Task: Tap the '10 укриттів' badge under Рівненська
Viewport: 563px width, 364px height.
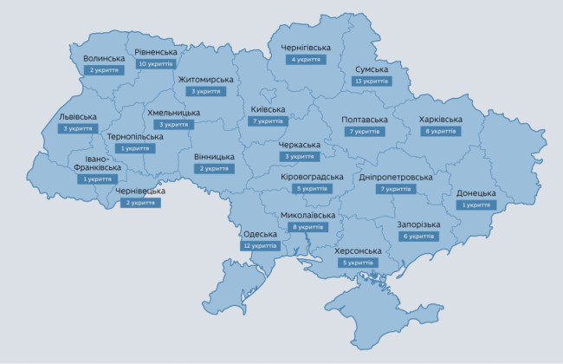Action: coord(156,64)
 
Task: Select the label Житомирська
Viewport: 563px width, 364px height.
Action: coord(205,80)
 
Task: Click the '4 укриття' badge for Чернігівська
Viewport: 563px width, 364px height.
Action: coord(306,60)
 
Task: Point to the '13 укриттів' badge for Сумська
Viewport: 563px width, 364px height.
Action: coord(372,81)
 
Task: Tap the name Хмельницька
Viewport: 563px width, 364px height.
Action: coord(173,113)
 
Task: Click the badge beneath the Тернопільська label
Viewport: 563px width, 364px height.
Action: coord(135,148)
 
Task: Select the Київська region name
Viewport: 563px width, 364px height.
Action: coord(268,109)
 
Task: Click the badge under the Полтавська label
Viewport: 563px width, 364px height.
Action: coord(364,132)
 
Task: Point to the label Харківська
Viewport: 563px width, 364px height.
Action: coord(440,119)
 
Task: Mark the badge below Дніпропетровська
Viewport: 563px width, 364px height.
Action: coord(395,188)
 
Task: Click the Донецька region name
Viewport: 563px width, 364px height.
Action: coord(476,193)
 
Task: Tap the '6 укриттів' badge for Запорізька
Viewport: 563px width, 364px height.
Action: coord(418,236)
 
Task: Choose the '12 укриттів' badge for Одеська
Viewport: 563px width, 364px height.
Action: coord(260,245)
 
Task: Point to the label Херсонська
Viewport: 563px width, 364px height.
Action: coord(358,251)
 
